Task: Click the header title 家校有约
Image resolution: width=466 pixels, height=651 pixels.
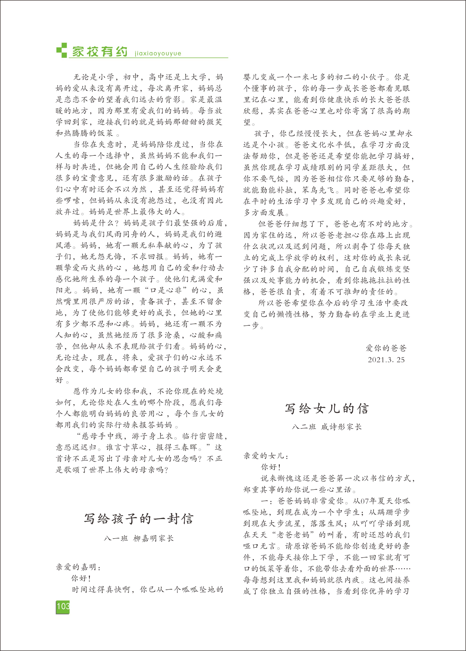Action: pos(100,52)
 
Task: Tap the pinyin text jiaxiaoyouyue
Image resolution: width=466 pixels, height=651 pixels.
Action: pos(158,54)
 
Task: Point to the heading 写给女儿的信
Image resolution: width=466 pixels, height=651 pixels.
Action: pos(327,409)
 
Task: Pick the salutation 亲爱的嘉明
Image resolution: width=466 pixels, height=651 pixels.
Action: pos(78,567)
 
